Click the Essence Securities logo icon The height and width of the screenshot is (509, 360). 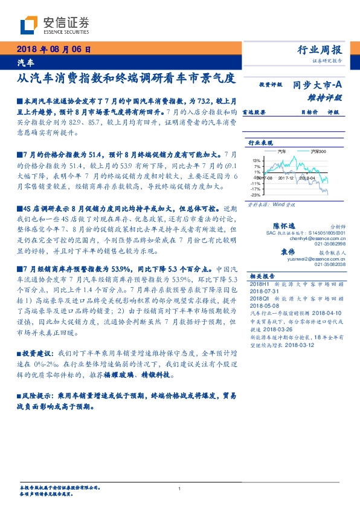point(29,25)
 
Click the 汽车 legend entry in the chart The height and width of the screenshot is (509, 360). point(281,151)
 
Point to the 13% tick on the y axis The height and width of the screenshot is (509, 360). point(256,160)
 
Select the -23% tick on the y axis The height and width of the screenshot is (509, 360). point(256,195)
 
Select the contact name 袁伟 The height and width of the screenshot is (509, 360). point(287,251)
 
